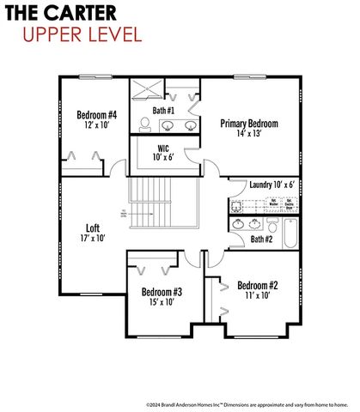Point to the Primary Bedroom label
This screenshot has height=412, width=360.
coord(248,124)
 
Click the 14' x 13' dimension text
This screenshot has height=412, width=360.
coord(248,135)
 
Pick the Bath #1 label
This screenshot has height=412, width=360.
coord(164,111)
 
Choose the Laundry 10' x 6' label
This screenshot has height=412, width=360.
coord(272,185)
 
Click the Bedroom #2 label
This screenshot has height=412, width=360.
coord(256,285)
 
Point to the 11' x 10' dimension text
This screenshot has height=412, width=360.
coord(256,295)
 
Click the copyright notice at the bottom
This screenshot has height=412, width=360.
coord(246,403)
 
